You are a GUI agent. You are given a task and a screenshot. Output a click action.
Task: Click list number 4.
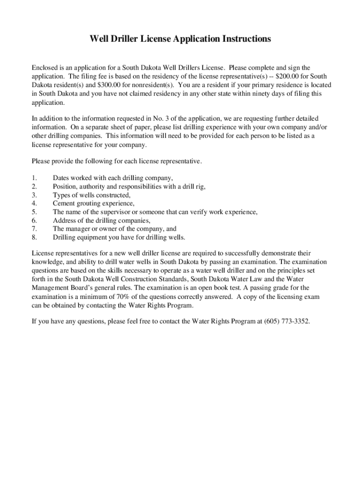(x=34, y=203)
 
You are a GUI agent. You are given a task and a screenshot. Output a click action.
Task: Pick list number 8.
(x=34, y=237)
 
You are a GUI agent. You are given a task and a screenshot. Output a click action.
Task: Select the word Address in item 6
(x=65, y=220)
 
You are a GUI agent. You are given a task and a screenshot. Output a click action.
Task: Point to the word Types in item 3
(x=62, y=195)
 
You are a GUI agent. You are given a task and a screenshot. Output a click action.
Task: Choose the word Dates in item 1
(x=62, y=178)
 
